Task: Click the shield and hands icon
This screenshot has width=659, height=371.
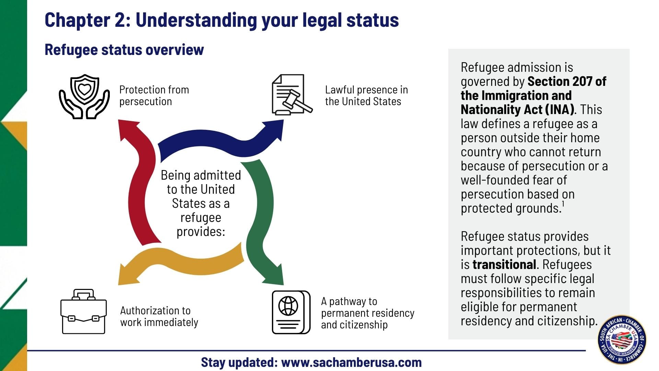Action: [x=84, y=97]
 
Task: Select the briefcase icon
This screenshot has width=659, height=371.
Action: [x=83, y=312]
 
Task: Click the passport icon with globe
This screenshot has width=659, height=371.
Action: [x=291, y=312]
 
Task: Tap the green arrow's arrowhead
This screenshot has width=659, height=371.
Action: [x=274, y=275]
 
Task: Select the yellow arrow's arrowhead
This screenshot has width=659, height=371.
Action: [x=127, y=275]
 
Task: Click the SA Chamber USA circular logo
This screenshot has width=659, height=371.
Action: [x=622, y=340]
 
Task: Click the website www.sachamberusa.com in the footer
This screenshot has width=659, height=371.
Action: [x=351, y=362]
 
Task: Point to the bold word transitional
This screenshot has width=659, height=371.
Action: [x=504, y=265]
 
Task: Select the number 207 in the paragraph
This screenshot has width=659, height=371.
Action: [x=580, y=82]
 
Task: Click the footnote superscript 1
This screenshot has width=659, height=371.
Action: [x=563, y=204]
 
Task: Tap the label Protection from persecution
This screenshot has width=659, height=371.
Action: [x=154, y=95]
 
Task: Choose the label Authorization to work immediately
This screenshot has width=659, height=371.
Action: [x=159, y=316]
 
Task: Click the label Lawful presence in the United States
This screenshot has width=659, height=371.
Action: [x=366, y=95]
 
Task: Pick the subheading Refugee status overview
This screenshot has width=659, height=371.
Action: [x=124, y=50]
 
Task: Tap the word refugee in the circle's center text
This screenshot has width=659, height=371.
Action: [x=201, y=218]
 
